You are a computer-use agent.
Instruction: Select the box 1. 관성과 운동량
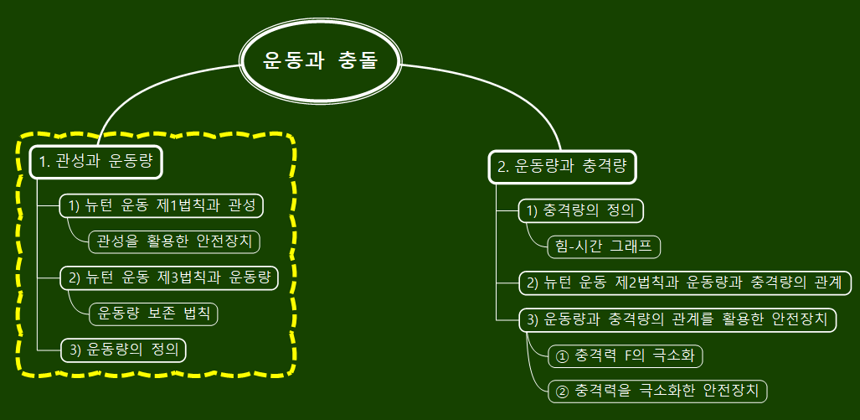(96, 162)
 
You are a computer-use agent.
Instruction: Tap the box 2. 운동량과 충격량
(562, 166)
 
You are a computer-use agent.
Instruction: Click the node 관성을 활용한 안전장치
(174, 241)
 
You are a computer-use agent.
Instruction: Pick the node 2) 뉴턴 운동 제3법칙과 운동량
(169, 277)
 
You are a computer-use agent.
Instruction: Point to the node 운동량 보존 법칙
(153, 314)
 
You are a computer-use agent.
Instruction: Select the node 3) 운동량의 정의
(123, 350)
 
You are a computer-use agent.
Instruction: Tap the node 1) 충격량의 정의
(581, 210)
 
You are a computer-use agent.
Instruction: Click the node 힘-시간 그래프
(602, 246)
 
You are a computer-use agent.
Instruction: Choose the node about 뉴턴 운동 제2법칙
(685, 283)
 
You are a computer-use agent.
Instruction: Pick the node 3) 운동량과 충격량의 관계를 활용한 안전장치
(677, 319)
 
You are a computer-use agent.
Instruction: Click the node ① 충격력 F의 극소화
(626, 355)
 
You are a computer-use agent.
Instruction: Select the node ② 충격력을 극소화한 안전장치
(657, 391)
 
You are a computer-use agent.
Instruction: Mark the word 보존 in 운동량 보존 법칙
(162, 314)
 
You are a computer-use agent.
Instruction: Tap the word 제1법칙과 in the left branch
(195, 205)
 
